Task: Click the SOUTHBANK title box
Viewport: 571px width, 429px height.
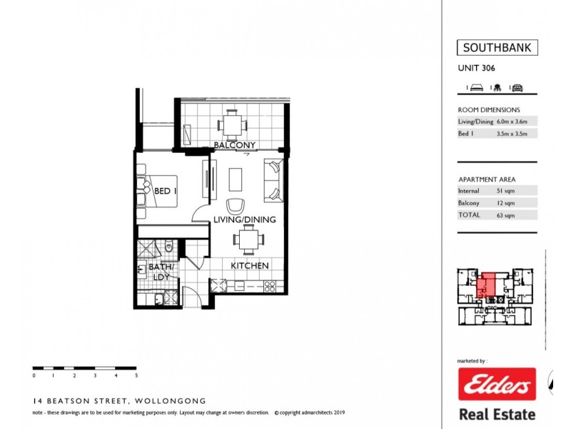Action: click(497, 49)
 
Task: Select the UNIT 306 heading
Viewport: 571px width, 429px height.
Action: click(476, 69)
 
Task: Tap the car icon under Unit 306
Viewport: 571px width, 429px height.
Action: click(517, 88)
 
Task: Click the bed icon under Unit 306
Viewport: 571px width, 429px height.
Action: click(477, 88)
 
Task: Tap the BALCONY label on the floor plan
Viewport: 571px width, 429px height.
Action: click(235, 146)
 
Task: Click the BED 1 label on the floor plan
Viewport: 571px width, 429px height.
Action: click(166, 191)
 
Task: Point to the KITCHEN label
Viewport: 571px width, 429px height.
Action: click(249, 266)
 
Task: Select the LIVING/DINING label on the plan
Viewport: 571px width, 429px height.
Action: click(244, 220)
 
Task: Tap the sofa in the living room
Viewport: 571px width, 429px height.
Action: click(273, 180)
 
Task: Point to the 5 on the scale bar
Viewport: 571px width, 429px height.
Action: click(136, 375)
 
